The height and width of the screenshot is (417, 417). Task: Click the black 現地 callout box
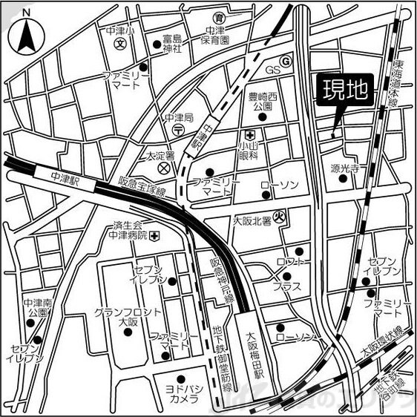point(345,90)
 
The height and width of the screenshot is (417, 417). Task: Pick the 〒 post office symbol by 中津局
point(179,129)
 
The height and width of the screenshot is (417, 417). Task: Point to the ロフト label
point(291,263)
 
